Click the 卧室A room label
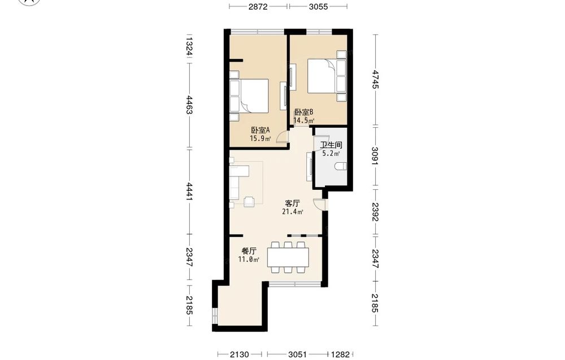260,130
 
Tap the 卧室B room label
304,112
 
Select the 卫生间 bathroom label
331,145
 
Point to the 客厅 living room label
292,203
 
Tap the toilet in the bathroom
341,167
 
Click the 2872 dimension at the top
258,6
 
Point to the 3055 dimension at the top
319,6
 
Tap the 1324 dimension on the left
189,46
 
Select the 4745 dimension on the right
376,80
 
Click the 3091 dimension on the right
376,156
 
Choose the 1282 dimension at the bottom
340,354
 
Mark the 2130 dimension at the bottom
240,354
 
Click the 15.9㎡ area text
260,138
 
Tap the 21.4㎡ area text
292,212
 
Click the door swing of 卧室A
282,137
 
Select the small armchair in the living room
249,202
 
